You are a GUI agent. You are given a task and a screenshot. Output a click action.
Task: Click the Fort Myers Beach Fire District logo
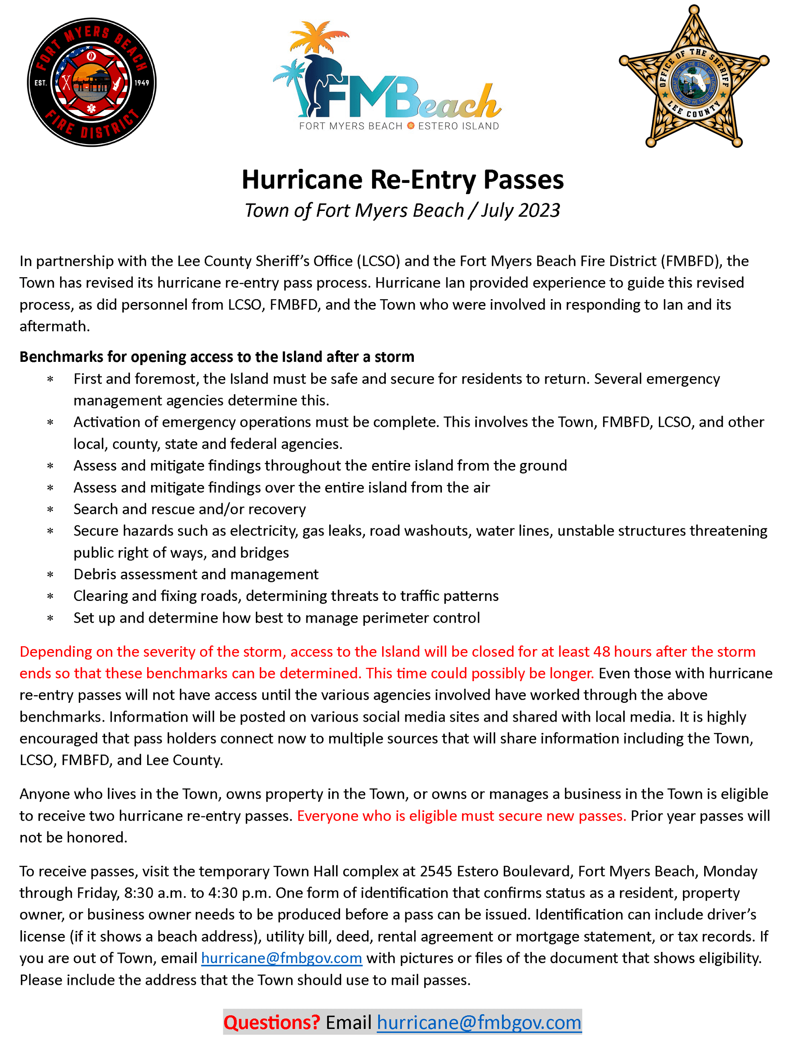coord(91,83)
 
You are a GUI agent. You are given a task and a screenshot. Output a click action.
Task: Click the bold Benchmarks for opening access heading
coord(217,357)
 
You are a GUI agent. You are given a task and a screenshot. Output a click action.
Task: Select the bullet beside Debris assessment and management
coord(50,575)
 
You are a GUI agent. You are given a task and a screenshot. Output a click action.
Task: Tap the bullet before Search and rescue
coord(50,510)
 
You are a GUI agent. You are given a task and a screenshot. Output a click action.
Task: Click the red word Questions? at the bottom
coord(271,1022)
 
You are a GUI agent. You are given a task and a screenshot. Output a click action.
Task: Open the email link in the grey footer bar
coord(479,1022)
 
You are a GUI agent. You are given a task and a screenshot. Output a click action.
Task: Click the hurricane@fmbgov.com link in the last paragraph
coord(282,958)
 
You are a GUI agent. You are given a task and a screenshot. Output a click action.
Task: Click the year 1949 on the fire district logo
coord(142,83)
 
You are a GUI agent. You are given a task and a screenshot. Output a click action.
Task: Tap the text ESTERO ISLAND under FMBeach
coord(458,126)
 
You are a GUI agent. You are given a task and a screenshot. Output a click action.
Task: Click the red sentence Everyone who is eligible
coord(461,816)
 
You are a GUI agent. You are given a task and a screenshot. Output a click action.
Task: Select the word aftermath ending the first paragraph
coord(54,326)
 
